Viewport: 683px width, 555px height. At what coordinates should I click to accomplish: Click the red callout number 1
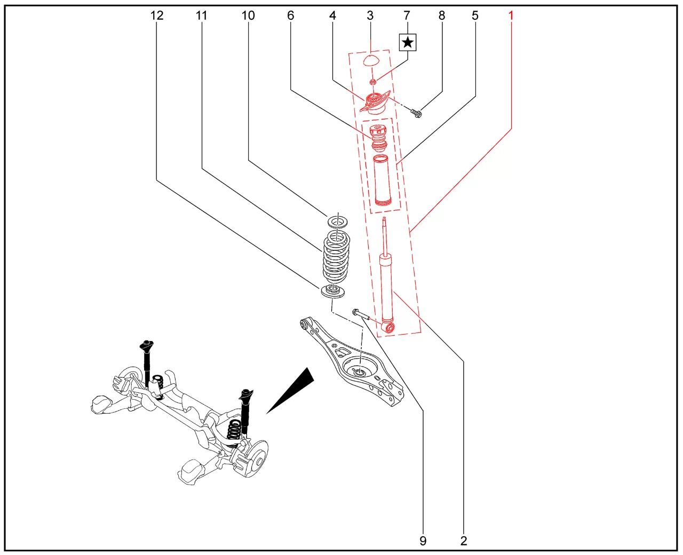tap(511, 15)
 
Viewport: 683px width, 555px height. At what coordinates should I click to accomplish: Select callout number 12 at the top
tap(157, 15)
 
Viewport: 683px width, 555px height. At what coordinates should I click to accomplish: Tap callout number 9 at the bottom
tap(423, 541)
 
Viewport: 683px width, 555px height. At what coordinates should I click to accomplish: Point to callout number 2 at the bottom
tap(464, 541)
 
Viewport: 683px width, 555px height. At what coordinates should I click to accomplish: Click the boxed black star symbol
tap(408, 42)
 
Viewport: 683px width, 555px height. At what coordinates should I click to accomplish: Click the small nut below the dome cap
tap(373, 82)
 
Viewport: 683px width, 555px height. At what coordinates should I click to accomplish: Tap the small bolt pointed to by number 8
tap(416, 112)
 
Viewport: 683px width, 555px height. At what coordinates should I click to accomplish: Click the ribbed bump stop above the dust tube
tap(378, 137)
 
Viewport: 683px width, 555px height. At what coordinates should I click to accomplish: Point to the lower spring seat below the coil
tap(332, 291)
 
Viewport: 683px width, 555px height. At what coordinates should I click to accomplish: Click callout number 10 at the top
tap(248, 15)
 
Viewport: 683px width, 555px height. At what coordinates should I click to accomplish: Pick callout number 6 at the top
tap(290, 15)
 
